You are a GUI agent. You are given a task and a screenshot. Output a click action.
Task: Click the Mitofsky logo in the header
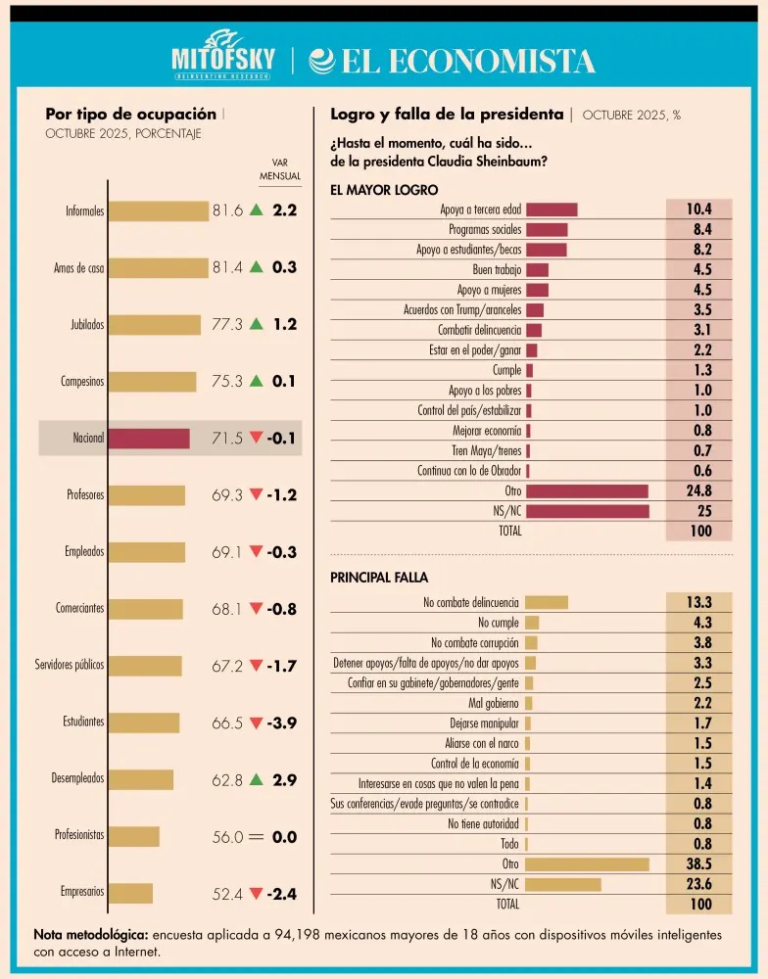[223, 55]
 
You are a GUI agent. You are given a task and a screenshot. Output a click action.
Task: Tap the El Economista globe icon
[322, 61]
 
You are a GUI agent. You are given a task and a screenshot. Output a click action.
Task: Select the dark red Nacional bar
[149, 439]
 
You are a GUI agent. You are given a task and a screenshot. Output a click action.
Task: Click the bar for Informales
[159, 211]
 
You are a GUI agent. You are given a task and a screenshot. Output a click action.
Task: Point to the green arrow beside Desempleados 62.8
[257, 779]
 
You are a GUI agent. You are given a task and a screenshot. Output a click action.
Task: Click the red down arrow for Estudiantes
[257, 723]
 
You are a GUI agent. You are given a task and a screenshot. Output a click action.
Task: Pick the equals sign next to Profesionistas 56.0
[257, 837]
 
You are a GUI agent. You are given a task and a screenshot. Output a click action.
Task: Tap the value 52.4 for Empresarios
[227, 894]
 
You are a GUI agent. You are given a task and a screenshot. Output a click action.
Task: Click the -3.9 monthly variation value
[282, 723]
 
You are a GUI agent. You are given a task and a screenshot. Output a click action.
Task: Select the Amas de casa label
[78, 268]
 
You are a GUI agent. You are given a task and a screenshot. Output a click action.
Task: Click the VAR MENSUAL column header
[280, 169]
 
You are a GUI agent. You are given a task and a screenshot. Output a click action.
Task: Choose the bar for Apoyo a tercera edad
[552, 210]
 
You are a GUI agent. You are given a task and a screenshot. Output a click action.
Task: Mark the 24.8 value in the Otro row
[699, 490]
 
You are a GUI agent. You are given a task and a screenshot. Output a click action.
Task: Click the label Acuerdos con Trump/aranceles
[462, 309]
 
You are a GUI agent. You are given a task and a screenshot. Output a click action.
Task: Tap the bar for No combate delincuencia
[547, 602]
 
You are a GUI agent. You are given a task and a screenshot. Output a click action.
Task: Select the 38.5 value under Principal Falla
[699, 864]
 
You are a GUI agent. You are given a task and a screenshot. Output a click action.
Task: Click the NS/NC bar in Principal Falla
[563, 885]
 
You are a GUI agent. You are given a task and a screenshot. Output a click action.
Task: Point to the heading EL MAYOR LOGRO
[384, 190]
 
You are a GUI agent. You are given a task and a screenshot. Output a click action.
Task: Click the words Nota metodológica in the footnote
[91, 935]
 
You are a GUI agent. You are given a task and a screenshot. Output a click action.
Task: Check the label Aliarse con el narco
[482, 744]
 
